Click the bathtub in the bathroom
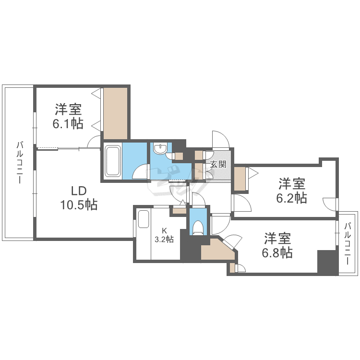point(112,161)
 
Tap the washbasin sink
point(160,149)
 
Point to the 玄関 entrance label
point(218,165)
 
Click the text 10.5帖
point(79,205)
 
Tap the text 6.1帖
point(68,123)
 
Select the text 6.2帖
point(292,197)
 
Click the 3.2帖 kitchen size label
point(164,239)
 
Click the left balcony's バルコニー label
point(19,162)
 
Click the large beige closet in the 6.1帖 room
point(115,114)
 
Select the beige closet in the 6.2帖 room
point(240,179)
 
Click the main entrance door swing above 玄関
point(221,140)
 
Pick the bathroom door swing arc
point(141,171)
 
